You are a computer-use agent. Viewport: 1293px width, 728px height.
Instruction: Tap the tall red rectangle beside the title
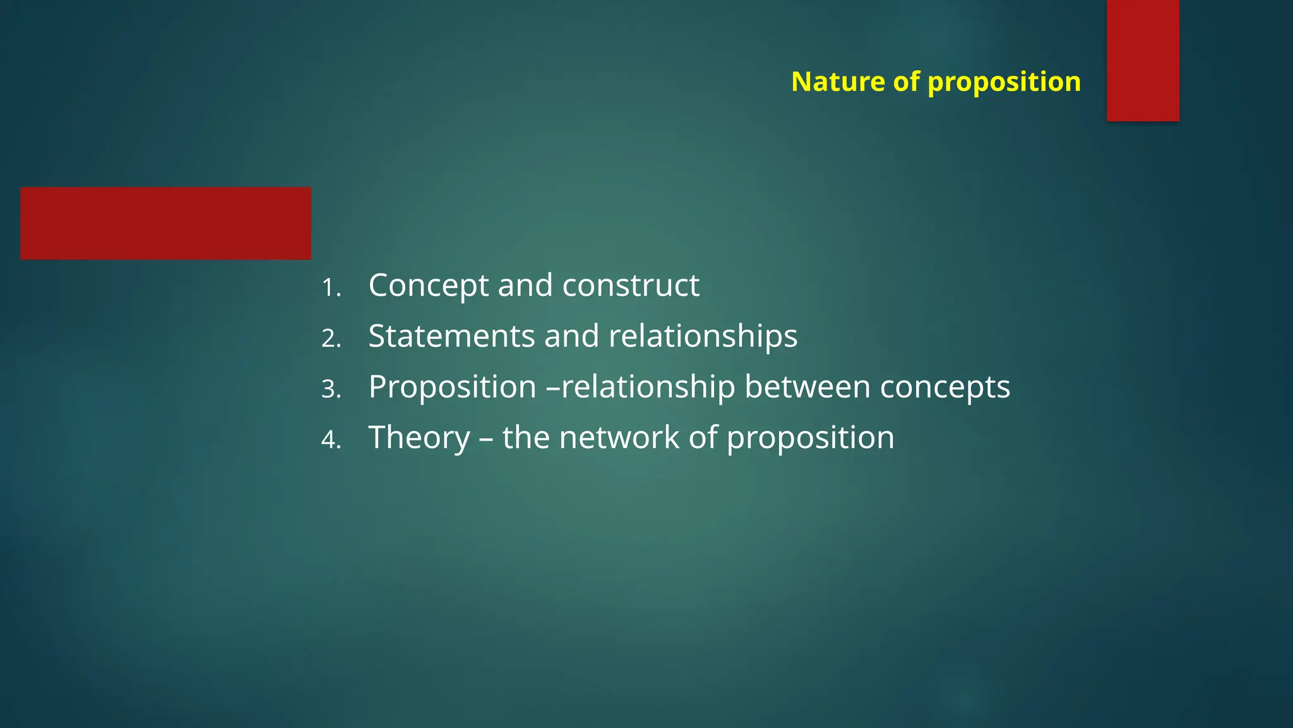coord(1143,60)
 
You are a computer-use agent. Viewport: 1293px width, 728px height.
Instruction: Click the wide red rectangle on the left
coord(165,223)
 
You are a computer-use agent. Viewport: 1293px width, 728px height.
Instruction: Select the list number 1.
coord(330,288)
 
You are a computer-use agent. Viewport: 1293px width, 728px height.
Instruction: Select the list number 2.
coord(331,339)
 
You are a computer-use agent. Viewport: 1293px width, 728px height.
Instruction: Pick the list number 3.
coord(331,389)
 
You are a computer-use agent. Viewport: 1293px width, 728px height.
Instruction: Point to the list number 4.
coord(331,440)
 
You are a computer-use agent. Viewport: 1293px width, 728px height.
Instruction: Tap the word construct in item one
coord(631,286)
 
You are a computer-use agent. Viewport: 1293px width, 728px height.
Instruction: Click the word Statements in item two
coord(451,336)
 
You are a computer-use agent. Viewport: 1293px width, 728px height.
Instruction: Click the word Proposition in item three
coord(452,387)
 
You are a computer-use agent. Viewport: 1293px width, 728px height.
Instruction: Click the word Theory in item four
coord(419,438)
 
